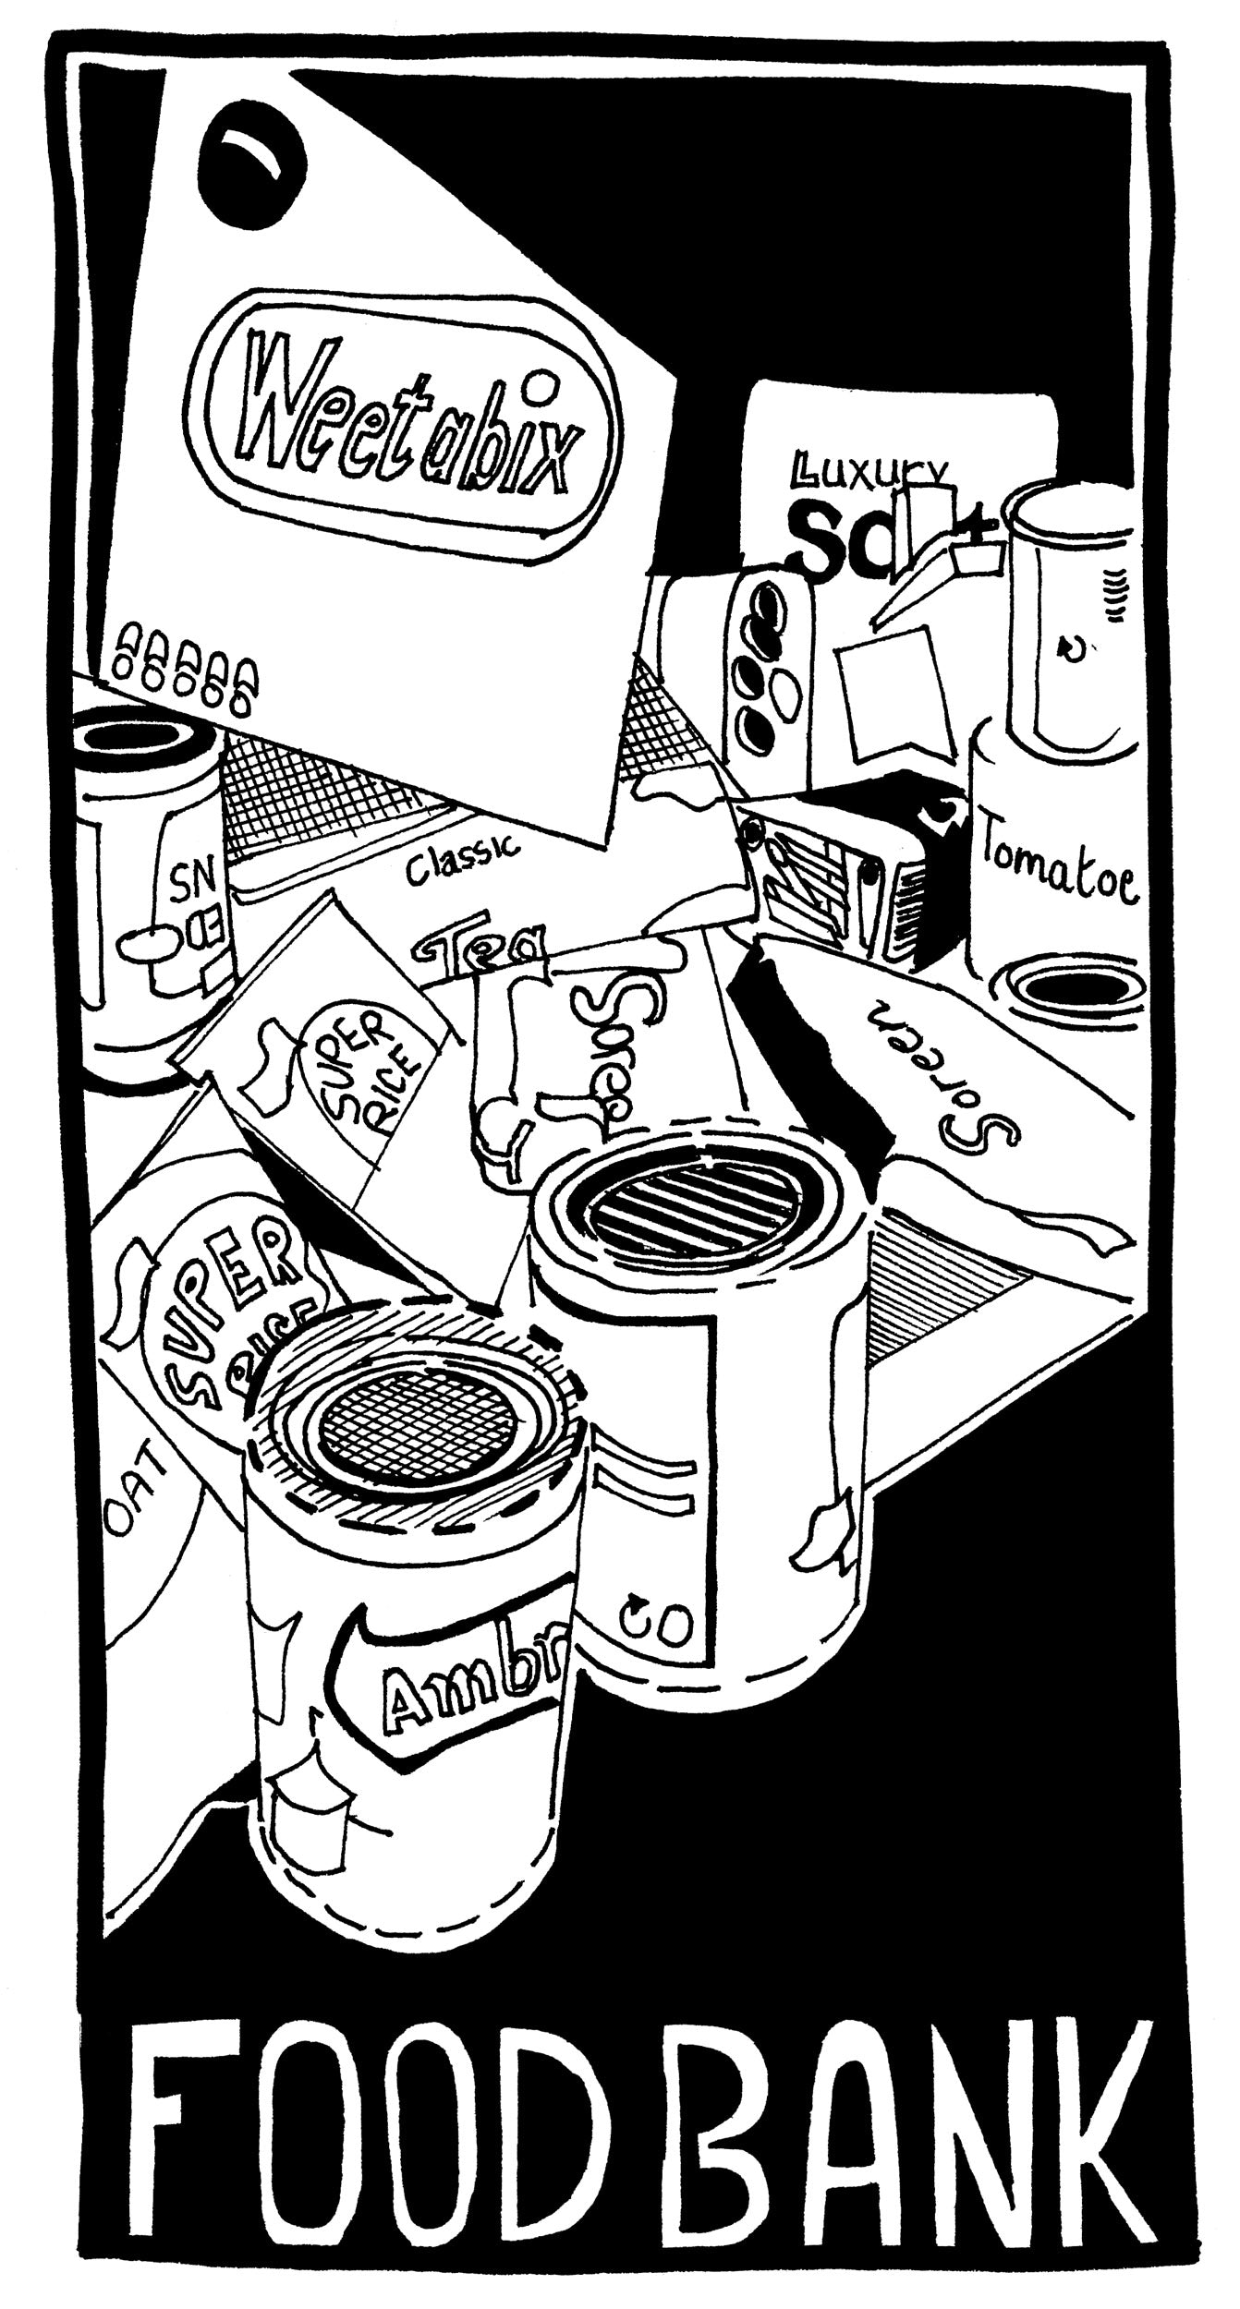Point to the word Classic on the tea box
pos(461,855)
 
